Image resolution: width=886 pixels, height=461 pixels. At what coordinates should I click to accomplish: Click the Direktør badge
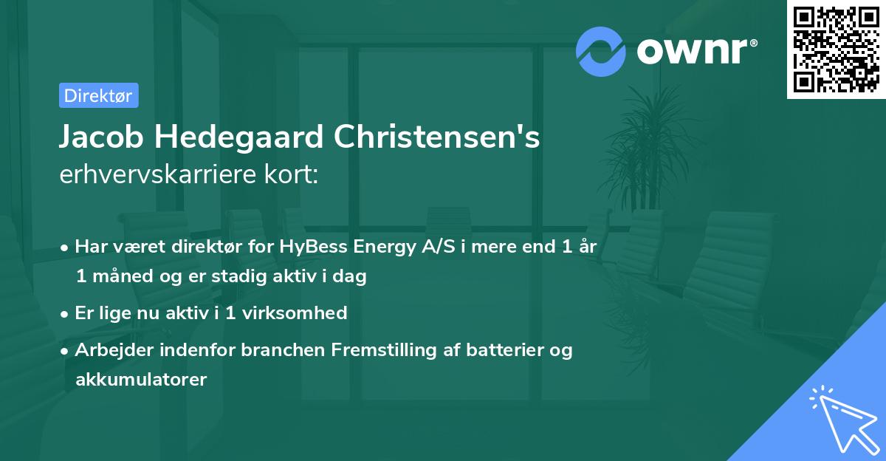97,95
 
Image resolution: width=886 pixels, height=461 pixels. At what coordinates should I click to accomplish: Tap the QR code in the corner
836,49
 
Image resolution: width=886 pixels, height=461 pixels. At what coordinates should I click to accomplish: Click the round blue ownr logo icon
601,51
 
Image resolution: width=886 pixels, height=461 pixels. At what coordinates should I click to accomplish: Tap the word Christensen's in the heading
437,138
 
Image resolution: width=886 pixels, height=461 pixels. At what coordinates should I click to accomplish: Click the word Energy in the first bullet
381,247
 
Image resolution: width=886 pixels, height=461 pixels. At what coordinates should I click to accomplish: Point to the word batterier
501,349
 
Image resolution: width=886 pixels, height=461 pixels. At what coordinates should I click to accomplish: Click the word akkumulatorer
141,380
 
